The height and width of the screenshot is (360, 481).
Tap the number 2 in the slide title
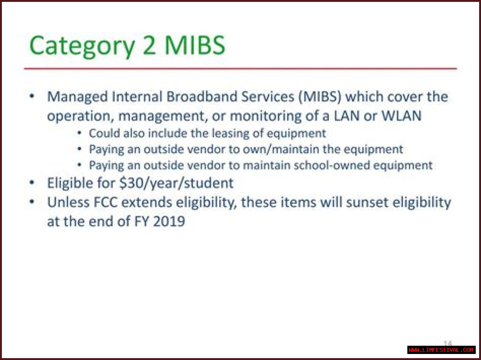click(149, 45)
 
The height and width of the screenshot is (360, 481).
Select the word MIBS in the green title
click(195, 45)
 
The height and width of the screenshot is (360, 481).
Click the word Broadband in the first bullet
click(201, 96)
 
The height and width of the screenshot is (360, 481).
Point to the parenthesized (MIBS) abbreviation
click(320, 97)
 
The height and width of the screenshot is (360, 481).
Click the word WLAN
click(401, 116)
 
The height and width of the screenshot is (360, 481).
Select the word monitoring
click(266, 116)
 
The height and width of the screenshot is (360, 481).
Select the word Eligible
click(70, 183)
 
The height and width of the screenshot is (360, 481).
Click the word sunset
click(367, 202)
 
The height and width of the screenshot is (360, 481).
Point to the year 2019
click(169, 221)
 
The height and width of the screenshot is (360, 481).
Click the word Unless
click(68, 202)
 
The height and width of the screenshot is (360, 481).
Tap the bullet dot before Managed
click(32, 96)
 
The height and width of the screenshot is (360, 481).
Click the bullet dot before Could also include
click(80, 133)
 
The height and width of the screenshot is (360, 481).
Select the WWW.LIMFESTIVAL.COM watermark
click(441, 350)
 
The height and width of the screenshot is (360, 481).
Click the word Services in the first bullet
click(268, 96)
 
